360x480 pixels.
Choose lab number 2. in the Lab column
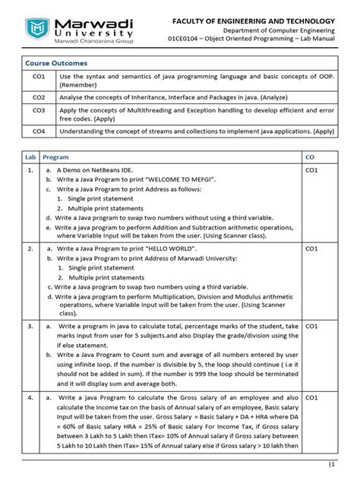30,248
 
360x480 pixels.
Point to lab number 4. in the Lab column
30,396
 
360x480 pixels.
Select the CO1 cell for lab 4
311,396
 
